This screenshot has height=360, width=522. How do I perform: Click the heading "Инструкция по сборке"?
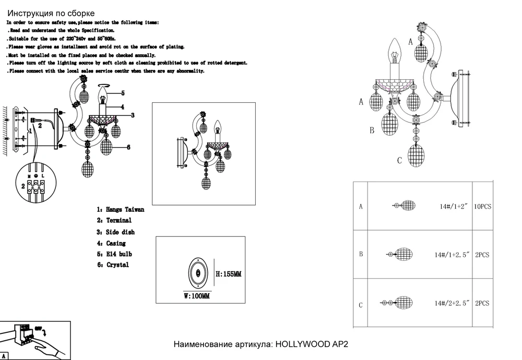(51, 14)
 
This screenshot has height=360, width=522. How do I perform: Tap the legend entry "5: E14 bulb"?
(115, 254)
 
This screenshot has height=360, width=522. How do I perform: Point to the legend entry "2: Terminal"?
(114, 220)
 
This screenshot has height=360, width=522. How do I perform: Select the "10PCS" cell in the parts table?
(482, 207)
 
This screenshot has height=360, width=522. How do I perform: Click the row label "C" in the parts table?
(361, 305)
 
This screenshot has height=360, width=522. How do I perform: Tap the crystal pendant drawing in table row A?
(406, 206)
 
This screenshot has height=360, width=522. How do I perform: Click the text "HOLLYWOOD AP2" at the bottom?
(311, 345)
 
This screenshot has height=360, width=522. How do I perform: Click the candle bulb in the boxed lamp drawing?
(219, 127)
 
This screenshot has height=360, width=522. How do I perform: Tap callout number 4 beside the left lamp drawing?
(122, 106)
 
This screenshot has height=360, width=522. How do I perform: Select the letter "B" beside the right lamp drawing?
(372, 130)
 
